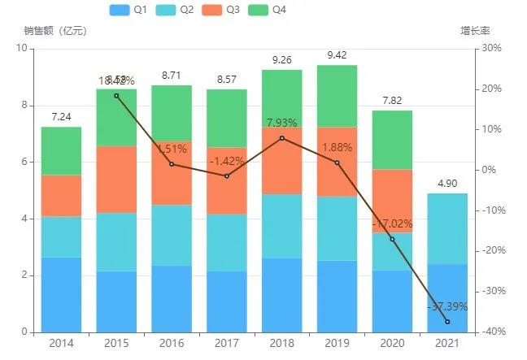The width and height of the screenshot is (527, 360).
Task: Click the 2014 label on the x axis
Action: pyautogui.click(x=61, y=343)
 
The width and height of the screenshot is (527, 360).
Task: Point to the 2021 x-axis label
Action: pyautogui.click(x=448, y=343)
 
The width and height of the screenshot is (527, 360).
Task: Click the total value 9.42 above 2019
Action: pyautogui.click(x=338, y=55)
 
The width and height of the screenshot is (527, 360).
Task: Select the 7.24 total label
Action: pyautogui.click(x=61, y=117)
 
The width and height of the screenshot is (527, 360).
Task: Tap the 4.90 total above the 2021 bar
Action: pyautogui.click(x=448, y=184)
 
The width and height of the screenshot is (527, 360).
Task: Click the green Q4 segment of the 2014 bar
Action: pyautogui.click(x=61, y=151)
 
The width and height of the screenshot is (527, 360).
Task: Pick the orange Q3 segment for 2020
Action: pyautogui.click(x=393, y=201)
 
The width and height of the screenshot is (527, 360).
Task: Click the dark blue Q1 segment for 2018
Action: pyautogui.click(x=282, y=295)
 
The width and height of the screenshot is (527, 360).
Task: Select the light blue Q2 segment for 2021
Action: pyautogui.click(x=448, y=228)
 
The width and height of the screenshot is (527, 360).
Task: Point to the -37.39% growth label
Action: pyautogui.click(x=448, y=307)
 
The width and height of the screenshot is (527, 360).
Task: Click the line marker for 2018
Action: pyautogui.click(x=282, y=138)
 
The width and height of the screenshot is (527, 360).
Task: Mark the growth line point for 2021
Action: pyautogui.click(x=448, y=322)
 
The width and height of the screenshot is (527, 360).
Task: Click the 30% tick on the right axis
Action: pyautogui.click(x=492, y=49)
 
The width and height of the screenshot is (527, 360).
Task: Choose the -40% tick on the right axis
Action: pyautogui.click(x=490, y=332)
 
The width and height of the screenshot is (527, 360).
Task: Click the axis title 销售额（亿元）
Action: pyautogui.click(x=55, y=31)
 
